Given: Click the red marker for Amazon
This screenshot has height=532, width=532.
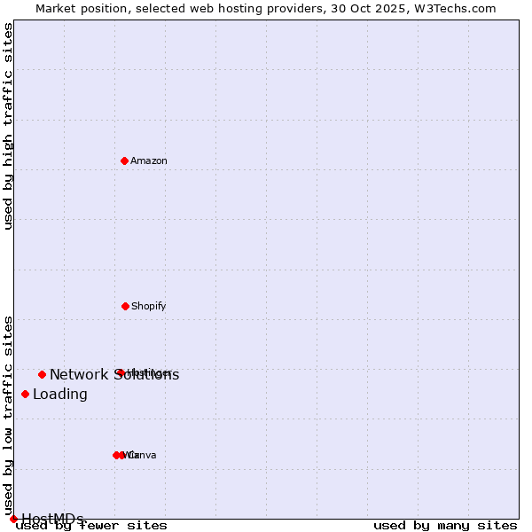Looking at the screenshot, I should click(x=124, y=160).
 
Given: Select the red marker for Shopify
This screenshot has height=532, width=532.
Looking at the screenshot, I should click(x=125, y=306).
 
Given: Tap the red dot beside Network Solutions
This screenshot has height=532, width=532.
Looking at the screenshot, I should click(x=42, y=374).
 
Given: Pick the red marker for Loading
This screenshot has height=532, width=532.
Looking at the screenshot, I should click(x=25, y=394).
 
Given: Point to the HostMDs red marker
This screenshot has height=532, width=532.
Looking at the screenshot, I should click(x=13, y=519).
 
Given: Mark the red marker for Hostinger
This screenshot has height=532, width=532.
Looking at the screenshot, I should click(x=120, y=372).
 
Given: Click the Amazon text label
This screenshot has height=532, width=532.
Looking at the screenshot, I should click(x=149, y=160).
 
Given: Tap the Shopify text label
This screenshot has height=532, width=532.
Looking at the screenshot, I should click(x=149, y=306).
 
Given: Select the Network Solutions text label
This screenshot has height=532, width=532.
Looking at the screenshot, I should click(x=114, y=374).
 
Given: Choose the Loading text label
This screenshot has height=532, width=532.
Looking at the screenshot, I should click(x=60, y=394).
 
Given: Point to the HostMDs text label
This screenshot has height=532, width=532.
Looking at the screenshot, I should click(x=53, y=519).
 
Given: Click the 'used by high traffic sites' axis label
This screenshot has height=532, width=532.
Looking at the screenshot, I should click(x=8, y=126).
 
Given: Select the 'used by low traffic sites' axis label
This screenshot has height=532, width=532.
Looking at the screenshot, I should click(x=8, y=415).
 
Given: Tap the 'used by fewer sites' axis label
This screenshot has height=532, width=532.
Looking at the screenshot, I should click(x=91, y=525).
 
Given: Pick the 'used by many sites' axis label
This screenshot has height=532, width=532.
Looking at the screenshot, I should click(x=445, y=525).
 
